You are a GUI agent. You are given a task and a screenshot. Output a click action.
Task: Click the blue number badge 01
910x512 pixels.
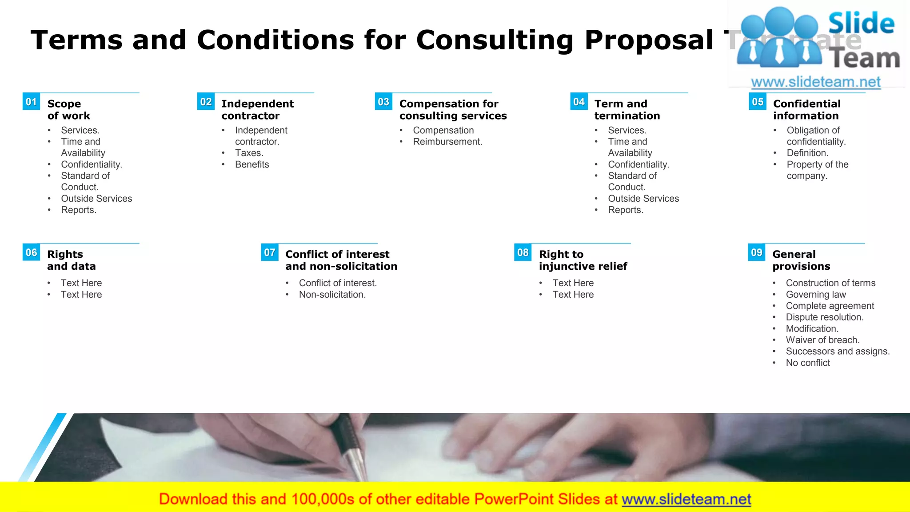(31, 102)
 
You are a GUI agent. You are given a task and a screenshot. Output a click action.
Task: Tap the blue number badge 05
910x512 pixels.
(758, 102)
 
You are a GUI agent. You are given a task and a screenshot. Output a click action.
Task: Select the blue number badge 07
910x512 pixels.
(270, 252)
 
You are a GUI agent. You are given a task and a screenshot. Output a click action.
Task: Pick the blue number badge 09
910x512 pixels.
(757, 252)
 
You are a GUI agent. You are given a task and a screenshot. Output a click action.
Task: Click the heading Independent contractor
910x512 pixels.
(257, 110)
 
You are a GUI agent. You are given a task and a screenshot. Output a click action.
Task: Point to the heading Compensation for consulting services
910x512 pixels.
(453, 110)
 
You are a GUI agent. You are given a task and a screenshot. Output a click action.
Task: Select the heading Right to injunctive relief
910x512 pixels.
(583, 260)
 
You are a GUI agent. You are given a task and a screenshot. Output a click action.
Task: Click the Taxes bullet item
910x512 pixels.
(249, 153)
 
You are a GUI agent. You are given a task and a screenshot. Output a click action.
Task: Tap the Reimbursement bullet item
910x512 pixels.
(447, 142)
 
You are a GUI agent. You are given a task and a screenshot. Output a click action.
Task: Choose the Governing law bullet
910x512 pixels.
(815, 295)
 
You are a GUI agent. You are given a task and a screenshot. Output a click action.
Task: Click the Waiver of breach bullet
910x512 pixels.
(822, 340)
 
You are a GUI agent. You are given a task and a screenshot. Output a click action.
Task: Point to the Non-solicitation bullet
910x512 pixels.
(332, 295)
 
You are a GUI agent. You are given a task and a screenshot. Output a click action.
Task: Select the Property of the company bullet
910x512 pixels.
(817, 170)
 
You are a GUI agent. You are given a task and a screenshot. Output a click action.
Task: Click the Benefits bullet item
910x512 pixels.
(252, 164)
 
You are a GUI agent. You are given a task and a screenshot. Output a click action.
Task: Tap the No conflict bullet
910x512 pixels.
(807, 363)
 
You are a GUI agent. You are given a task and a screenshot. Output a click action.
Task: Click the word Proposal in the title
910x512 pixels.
(649, 40)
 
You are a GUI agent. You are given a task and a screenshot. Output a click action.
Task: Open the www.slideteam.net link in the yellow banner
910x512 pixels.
(686, 499)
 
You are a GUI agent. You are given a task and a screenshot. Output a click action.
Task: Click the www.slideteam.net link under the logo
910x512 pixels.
(815, 82)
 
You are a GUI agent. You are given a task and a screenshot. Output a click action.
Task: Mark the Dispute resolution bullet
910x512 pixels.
(824, 317)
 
